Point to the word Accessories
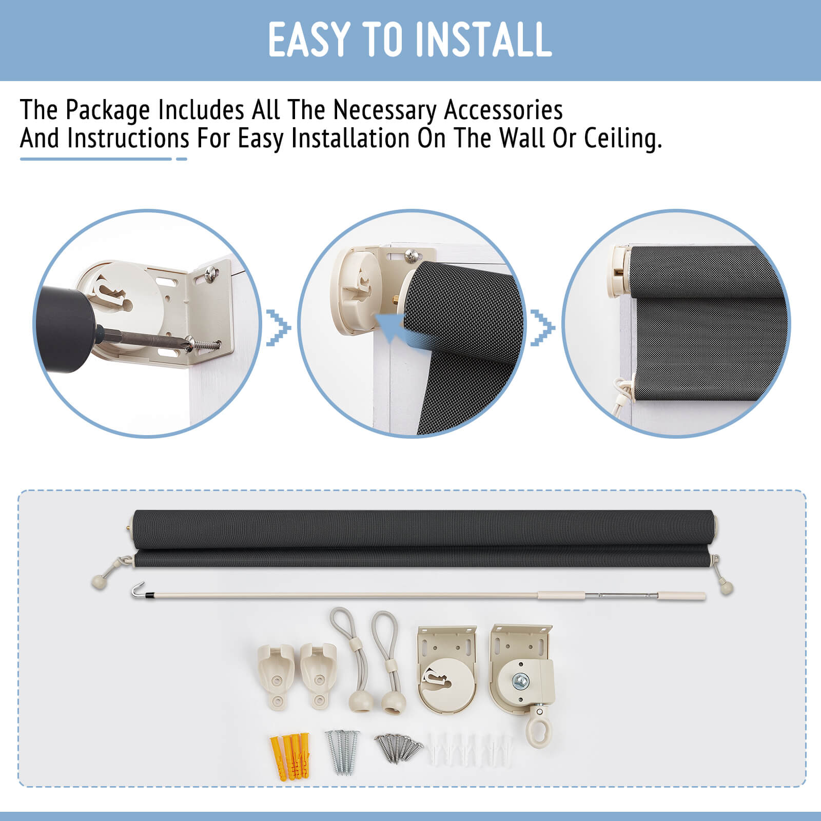tap(503, 110)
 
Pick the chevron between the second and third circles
tap(543, 327)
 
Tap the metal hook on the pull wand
tap(136, 590)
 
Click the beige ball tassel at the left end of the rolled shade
tap(97, 581)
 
